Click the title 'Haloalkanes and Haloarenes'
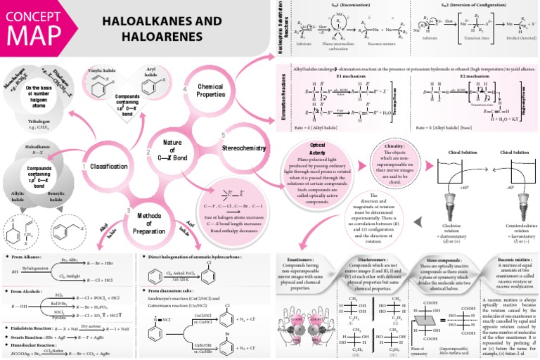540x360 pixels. tap(155, 29)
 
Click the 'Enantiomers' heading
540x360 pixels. tap(304, 259)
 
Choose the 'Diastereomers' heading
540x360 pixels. tap(368, 259)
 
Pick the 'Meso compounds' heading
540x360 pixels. tap(433, 259)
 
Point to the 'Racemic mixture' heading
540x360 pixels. tap(503, 259)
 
